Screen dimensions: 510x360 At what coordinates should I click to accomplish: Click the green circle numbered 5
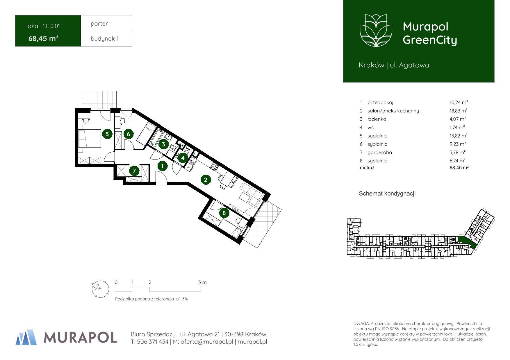(x=107, y=134)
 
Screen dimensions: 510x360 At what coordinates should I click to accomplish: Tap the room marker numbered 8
(x=224, y=213)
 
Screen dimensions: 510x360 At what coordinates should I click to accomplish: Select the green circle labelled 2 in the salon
(x=206, y=180)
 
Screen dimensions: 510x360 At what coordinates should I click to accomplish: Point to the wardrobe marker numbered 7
(x=134, y=171)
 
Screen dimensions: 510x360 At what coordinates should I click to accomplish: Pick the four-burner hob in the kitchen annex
(x=215, y=166)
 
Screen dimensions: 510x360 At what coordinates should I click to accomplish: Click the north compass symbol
(x=100, y=289)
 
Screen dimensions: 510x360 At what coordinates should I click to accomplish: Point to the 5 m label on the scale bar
(x=202, y=282)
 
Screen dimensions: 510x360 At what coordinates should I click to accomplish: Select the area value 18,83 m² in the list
(x=458, y=110)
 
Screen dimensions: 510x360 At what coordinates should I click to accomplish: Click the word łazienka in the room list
(x=377, y=119)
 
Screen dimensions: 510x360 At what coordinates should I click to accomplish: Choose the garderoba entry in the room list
(x=380, y=152)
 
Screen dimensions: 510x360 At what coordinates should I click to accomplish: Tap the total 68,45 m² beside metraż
(x=459, y=168)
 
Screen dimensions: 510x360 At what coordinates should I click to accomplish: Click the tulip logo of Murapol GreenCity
(x=376, y=30)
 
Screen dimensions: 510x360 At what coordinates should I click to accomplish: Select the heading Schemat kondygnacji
(x=387, y=194)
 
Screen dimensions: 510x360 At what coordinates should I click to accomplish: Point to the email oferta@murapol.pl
(x=207, y=342)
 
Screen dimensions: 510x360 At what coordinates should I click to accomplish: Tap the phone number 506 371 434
(x=152, y=342)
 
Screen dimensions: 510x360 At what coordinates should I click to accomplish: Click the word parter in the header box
(x=99, y=24)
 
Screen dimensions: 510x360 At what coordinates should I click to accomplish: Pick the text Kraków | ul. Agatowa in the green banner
(x=394, y=65)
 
